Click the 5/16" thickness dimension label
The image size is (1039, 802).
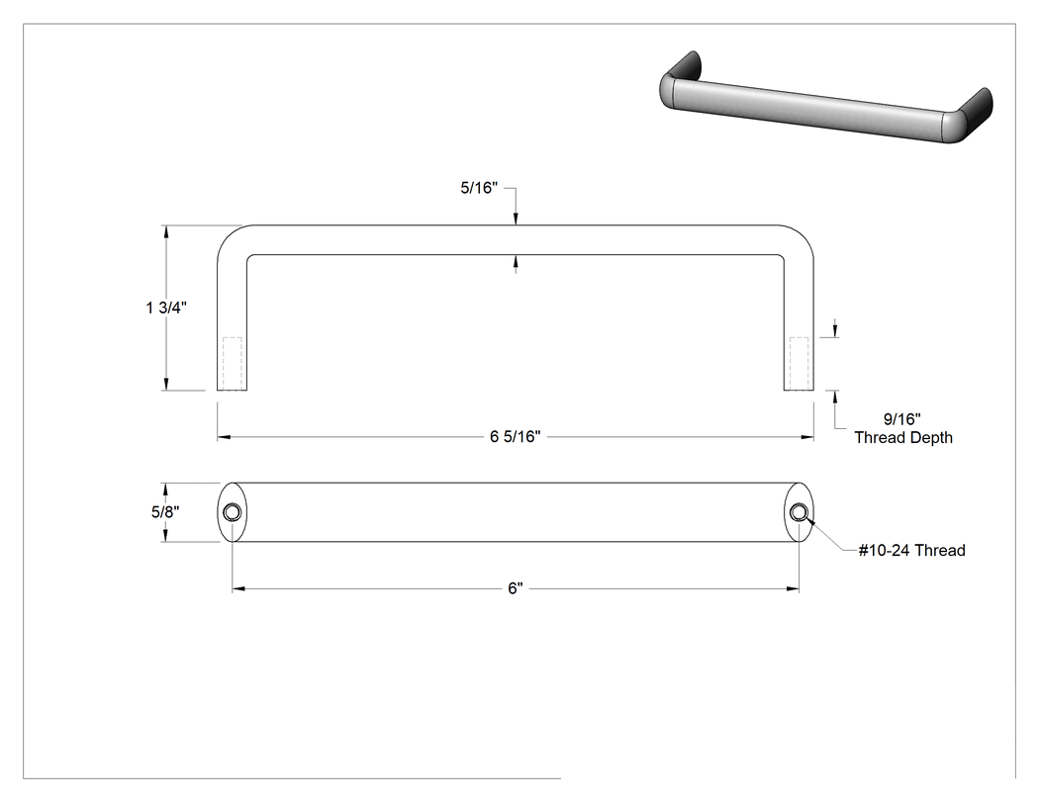(x=478, y=188)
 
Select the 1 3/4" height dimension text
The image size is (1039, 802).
(x=166, y=308)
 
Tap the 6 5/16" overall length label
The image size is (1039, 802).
(x=515, y=437)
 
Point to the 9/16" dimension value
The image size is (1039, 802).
(x=901, y=419)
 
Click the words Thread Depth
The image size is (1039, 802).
(x=903, y=438)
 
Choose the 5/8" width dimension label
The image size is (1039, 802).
(x=165, y=512)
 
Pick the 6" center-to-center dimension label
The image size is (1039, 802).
(x=515, y=588)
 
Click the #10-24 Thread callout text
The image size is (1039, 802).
(x=911, y=551)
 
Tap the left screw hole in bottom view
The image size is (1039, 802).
(x=233, y=512)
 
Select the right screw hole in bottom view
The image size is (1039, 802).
(x=800, y=512)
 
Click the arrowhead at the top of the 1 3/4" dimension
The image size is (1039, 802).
(x=166, y=231)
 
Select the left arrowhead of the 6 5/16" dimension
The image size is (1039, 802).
(x=224, y=437)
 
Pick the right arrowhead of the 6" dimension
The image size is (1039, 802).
(x=793, y=588)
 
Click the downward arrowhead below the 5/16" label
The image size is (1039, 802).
(x=516, y=220)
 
